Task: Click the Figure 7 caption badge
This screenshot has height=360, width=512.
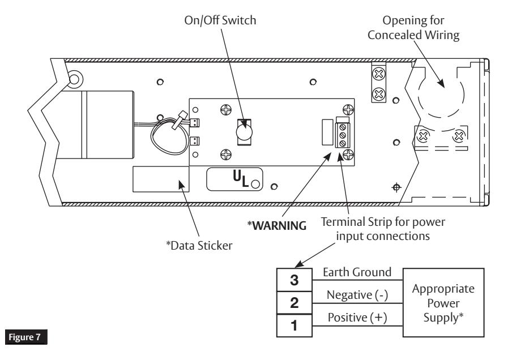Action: (x=26, y=337)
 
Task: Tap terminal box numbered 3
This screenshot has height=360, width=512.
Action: (x=294, y=280)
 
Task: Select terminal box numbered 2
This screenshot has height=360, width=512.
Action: (x=294, y=303)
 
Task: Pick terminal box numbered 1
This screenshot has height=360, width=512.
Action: (x=294, y=325)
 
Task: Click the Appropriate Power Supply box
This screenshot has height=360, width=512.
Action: (x=443, y=303)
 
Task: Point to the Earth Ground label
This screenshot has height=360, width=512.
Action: (x=357, y=272)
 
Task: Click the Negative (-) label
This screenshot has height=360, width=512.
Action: (x=357, y=295)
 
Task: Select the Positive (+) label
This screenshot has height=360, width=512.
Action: (x=357, y=318)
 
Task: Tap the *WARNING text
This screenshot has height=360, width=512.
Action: (x=277, y=225)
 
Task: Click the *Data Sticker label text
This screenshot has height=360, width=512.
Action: (x=199, y=246)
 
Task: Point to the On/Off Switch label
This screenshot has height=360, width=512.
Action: (x=220, y=20)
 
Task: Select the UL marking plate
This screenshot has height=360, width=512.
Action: (x=234, y=179)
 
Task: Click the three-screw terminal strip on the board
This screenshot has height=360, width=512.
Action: (x=342, y=135)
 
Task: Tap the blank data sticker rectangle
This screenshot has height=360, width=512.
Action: (x=161, y=179)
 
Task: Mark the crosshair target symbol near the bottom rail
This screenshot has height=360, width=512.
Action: (x=396, y=187)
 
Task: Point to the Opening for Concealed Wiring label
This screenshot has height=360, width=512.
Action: (x=413, y=28)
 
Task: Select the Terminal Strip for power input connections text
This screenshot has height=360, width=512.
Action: (x=383, y=229)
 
